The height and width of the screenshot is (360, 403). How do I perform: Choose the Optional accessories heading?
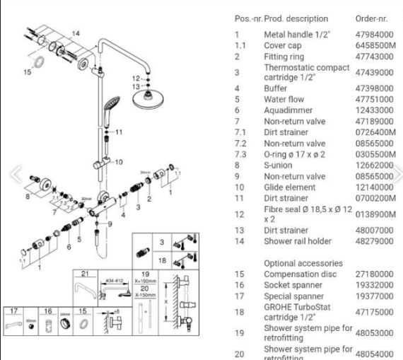point(298,262)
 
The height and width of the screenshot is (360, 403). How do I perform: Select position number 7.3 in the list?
point(242,155)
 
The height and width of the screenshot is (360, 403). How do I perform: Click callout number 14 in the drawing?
point(76,33)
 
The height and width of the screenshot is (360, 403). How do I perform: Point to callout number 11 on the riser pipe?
point(119,132)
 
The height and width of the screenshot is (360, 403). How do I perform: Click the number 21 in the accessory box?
point(83,274)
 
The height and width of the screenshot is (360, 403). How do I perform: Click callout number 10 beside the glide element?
point(119,162)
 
